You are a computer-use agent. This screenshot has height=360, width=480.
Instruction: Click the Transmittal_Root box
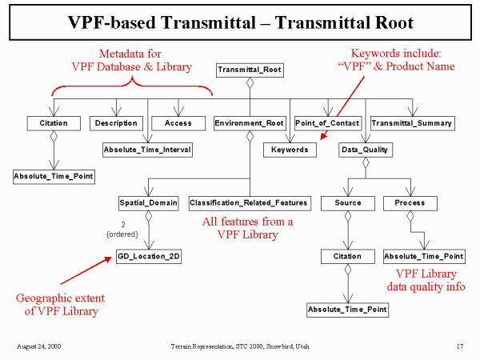249,70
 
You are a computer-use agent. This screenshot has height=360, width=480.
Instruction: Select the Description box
115,123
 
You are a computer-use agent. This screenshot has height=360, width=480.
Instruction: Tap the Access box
177,123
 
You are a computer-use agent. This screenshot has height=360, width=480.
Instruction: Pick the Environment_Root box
249,123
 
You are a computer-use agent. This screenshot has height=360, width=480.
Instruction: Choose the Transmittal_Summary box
411,123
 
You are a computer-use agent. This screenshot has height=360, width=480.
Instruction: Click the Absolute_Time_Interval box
147,149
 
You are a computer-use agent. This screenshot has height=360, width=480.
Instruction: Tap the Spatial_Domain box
148,203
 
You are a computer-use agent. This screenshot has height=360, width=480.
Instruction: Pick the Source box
347,203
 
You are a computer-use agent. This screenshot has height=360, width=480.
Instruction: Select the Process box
410,203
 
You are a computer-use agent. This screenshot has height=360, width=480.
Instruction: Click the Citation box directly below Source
347,256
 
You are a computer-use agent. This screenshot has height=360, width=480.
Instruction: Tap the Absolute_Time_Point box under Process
424,256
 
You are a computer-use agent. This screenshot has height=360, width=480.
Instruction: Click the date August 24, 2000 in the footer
38,346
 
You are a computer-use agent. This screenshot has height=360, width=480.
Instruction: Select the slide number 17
460,346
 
